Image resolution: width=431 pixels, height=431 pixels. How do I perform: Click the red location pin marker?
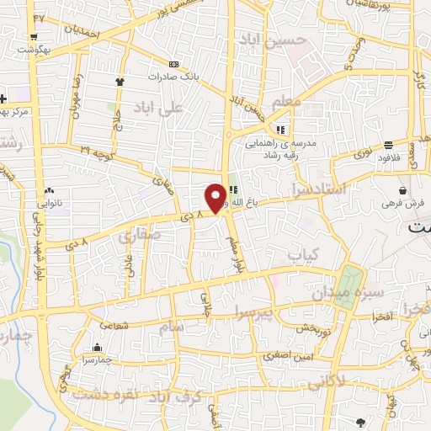(x=215, y=196)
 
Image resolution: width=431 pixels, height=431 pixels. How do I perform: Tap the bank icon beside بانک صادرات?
(x=174, y=64)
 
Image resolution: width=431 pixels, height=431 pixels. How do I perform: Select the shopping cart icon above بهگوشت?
(x=33, y=37)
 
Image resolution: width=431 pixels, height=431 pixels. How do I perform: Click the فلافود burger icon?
(x=388, y=144)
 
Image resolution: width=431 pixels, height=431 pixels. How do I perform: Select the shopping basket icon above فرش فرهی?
(x=405, y=190)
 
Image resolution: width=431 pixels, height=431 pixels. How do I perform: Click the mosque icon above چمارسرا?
(x=98, y=347)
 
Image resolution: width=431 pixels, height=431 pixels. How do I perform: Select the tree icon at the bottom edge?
(x=361, y=421)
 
